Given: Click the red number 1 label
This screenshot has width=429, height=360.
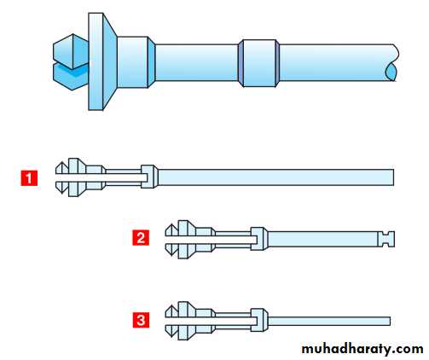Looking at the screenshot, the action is (x=29, y=178).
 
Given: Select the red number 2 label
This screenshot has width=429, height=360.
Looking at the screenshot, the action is (x=141, y=237).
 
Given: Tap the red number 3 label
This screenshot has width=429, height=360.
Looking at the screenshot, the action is (x=141, y=320).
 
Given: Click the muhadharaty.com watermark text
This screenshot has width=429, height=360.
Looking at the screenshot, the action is (x=362, y=349).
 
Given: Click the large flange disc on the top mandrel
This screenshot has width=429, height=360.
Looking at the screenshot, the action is (x=102, y=61).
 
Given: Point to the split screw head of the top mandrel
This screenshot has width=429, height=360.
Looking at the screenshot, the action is (x=71, y=62).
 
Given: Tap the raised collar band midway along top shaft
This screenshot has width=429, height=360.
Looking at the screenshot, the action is (x=258, y=63).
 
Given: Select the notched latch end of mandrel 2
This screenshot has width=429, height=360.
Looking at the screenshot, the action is (x=386, y=239).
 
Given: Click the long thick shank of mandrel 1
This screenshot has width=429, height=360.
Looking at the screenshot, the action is (x=275, y=177).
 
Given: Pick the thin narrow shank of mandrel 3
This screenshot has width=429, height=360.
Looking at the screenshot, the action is (x=329, y=321).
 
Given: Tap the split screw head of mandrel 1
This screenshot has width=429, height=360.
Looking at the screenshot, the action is (x=61, y=177).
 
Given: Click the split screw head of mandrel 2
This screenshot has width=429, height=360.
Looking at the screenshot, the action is (x=171, y=240).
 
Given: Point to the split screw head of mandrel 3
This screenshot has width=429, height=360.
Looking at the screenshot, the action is (x=171, y=321).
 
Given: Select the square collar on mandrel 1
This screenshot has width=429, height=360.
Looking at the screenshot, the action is (x=149, y=177).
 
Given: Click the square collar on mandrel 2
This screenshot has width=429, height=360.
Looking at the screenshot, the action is (x=259, y=239).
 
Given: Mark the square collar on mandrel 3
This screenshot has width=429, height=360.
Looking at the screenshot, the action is (x=259, y=320).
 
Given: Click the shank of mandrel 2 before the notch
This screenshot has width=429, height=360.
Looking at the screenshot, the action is (x=322, y=239).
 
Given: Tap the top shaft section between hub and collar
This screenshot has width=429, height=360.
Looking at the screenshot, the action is (x=197, y=62).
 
